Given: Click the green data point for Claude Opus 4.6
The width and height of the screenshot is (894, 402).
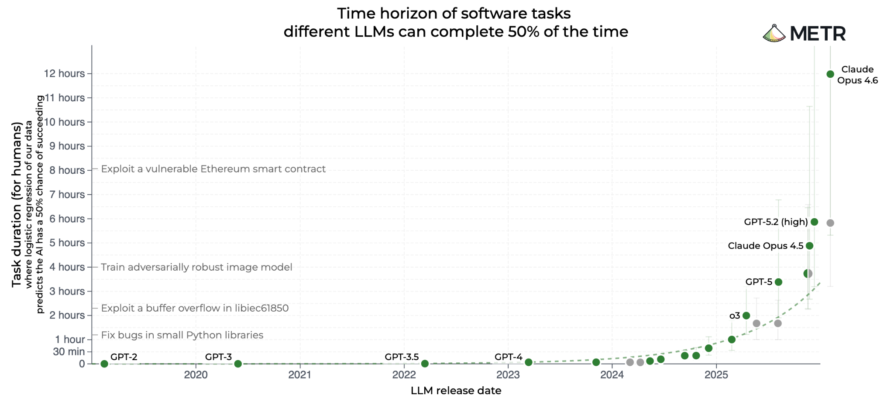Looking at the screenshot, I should click(830, 74).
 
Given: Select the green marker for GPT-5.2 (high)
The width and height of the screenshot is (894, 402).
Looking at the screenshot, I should click(814, 222).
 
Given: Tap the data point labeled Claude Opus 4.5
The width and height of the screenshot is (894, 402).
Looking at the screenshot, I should click(809, 246).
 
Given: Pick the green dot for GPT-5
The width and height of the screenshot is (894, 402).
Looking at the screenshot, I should click(778, 282).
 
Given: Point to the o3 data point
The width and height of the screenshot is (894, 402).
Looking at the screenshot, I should click(746, 316).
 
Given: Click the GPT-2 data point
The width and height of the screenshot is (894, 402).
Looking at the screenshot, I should click(104, 364).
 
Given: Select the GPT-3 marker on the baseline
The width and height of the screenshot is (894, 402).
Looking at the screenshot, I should click(238, 364).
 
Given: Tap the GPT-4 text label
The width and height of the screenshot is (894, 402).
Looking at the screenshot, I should click(508, 357).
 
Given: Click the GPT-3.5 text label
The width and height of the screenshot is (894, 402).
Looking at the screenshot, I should click(402, 357).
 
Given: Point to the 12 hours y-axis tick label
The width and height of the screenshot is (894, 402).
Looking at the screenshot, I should click(64, 74).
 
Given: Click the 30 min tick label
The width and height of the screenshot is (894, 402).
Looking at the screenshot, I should click(69, 352).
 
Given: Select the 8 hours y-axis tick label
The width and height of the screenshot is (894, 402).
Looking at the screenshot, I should click(67, 170).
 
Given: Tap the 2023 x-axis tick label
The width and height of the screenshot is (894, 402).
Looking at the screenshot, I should click(508, 375).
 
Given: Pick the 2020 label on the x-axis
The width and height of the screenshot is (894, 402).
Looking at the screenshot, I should click(196, 375).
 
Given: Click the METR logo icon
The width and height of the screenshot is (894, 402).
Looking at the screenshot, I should click(774, 34).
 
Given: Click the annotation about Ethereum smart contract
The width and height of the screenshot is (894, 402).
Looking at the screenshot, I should click(213, 169).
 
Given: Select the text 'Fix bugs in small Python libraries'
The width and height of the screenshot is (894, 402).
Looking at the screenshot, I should click(182, 335).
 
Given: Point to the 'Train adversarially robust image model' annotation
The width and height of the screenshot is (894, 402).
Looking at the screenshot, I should click(196, 267).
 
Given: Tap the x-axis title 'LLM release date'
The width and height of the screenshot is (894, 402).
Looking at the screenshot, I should click(456, 391).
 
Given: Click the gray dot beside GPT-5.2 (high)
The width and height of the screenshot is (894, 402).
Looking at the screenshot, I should click(830, 223).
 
